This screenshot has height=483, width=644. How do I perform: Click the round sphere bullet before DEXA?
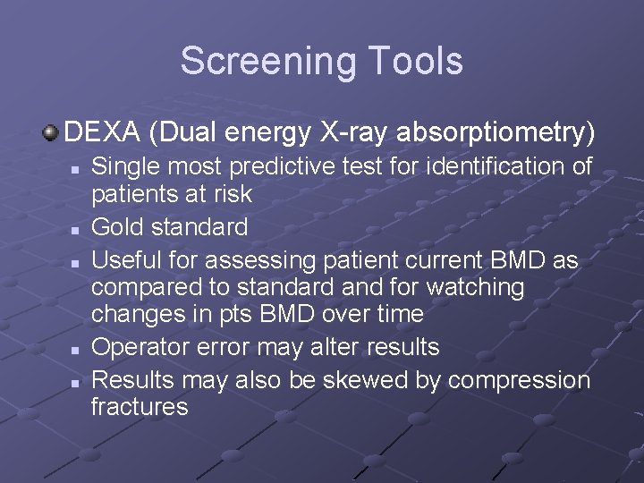point(51,133)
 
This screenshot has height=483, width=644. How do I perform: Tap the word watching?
point(476,287)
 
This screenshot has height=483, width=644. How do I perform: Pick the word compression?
point(519,380)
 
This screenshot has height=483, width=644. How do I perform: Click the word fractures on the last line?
point(140,407)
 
